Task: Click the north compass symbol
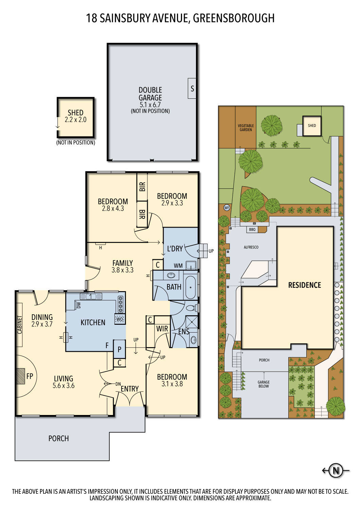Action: (336, 471)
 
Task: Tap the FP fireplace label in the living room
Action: (30, 376)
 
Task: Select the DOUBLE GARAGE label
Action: (150, 94)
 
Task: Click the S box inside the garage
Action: (192, 89)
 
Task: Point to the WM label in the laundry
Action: (178, 266)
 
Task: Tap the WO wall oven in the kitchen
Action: (120, 319)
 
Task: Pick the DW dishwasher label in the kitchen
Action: (79, 305)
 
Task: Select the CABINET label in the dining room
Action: (20, 325)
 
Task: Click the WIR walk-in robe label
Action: (162, 328)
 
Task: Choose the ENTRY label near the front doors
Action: (130, 389)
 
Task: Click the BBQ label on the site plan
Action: (252, 230)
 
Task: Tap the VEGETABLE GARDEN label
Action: (246, 128)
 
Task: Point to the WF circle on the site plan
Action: (227, 208)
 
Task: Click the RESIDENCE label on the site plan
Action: (304, 285)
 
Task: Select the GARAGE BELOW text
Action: (264, 384)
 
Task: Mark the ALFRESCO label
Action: (251, 247)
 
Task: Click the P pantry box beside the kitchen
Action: (120, 349)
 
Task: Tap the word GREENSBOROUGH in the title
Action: (234, 18)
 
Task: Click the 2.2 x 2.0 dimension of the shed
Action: (75, 120)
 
